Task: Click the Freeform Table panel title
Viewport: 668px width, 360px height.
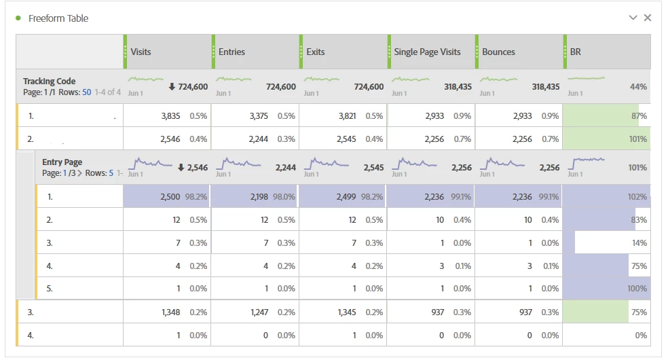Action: [x=58, y=18]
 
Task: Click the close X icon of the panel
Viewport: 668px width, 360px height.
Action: [x=648, y=18]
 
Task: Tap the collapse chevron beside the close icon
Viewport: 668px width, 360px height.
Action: [x=633, y=18]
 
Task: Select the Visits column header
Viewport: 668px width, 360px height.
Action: [x=141, y=52]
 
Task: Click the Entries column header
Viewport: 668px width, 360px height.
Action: [x=231, y=52]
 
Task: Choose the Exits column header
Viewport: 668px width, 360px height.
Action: [x=315, y=52]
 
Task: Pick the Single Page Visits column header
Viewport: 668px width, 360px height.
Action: [x=427, y=52]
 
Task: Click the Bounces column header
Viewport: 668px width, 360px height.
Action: [x=498, y=52]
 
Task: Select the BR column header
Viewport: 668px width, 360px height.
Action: [x=576, y=52]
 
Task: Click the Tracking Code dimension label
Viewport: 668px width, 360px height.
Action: [x=50, y=82]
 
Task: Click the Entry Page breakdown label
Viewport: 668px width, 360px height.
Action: [x=62, y=162]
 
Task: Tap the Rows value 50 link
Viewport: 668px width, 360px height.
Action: [x=86, y=92]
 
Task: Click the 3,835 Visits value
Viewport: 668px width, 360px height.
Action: [x=170, y=116]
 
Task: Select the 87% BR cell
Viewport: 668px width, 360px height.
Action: [x=638, y=116]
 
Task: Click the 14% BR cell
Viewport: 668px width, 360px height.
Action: [x=638, y=243]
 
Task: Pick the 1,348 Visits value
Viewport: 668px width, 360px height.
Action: [x=170, y=312]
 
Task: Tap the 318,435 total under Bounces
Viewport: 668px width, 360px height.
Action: [x=541, y=87]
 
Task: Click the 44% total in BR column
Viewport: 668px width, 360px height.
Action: [x=638, y=87]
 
